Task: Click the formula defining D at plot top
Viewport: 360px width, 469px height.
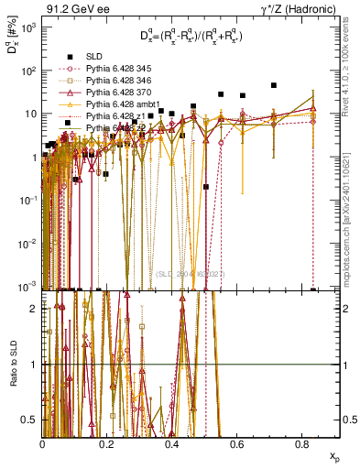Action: (191, 38)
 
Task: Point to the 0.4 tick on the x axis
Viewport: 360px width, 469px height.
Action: (172, 444)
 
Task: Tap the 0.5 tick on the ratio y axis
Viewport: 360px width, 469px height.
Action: (33, 420)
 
